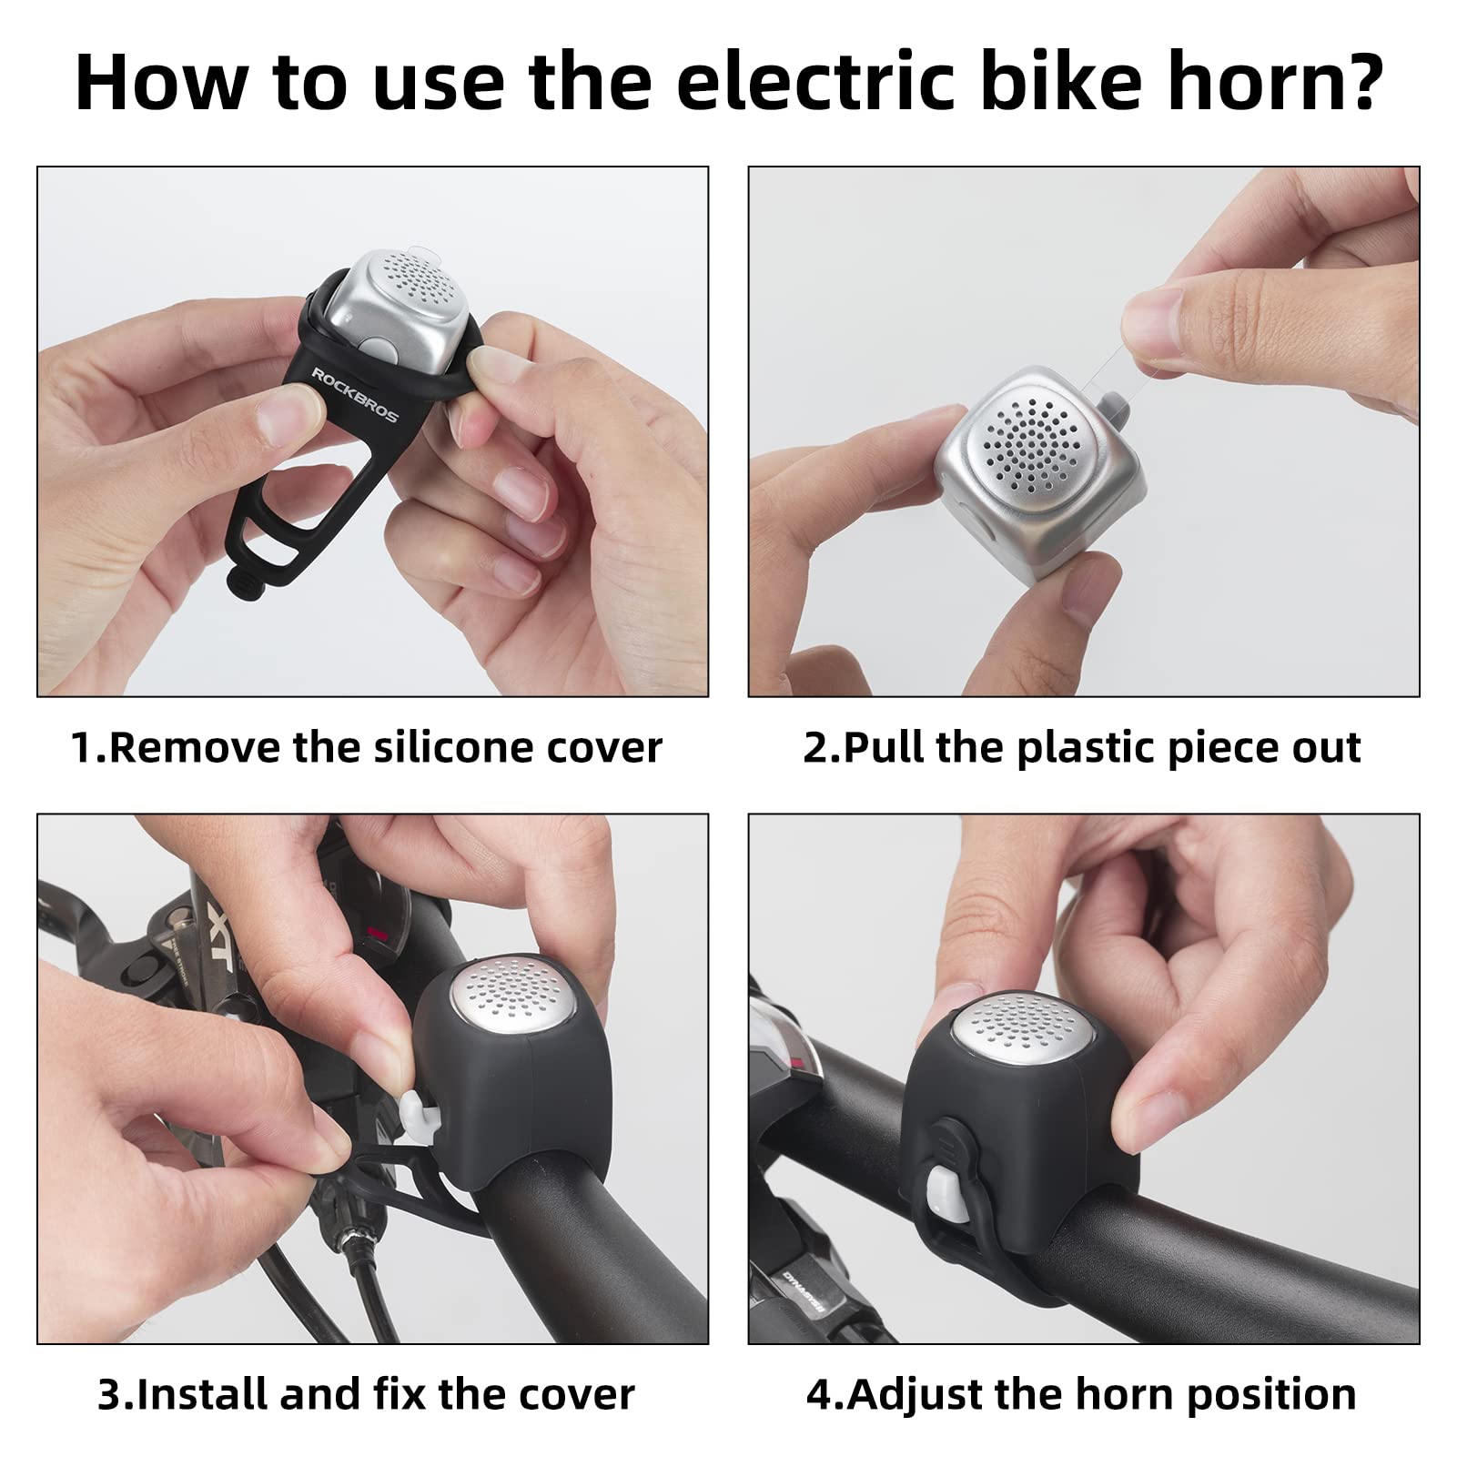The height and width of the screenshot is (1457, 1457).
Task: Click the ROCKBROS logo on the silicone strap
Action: tap(355, 395)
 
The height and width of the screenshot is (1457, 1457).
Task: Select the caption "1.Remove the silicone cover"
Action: tap(367, 748)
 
